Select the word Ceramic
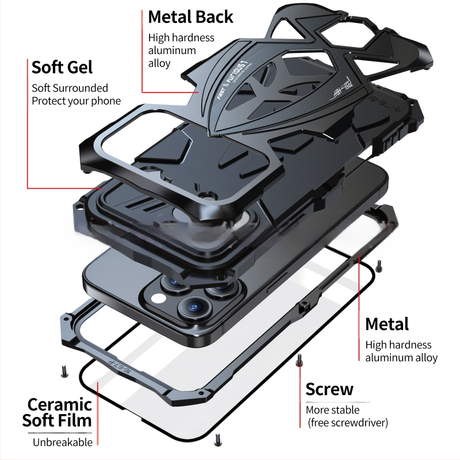coord(60,404)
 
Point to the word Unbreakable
coord(62,442)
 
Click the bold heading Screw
coord(329,389)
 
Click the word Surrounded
coord(81,88)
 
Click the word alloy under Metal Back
coord(159,63)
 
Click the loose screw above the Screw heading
coord(299,361)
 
